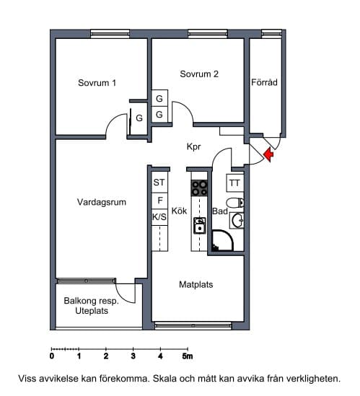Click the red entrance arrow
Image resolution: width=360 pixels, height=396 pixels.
click(x=268, y=154)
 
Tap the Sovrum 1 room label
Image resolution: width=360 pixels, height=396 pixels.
click(x=97, y=83)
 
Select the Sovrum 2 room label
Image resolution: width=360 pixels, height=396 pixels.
click(x=199, y=74)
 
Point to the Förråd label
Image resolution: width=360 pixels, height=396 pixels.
click(x=264, y=82)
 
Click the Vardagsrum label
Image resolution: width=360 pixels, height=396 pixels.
click(x=102, y=202)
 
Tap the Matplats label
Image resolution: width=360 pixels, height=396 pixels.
click(x=196, y=285)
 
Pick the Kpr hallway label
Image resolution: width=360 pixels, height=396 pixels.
click(x=194, y=146)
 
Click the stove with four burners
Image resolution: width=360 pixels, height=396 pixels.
click(x=199, y=188)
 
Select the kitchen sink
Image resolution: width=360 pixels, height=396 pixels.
click(x=200, y=226)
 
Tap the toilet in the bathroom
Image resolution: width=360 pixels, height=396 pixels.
click(x=235, y=203)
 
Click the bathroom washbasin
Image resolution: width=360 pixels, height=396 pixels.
click(x=237, y=220)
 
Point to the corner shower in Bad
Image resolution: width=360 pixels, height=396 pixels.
click(x=222, y=240)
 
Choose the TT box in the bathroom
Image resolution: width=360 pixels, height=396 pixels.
click(x=235, y=182)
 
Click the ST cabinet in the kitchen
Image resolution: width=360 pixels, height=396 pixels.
click(x=159, y=182)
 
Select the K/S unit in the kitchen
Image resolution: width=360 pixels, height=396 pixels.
click(x=159, y=216)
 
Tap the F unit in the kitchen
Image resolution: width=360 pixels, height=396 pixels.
click(x=159, y=201)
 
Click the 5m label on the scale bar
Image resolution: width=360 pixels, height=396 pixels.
click(x=188, y=356)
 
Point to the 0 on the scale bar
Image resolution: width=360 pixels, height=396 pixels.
click(x=52, y=356)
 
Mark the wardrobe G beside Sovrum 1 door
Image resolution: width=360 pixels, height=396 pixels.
click(x=139, y=118)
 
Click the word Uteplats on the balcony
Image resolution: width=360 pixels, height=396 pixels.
click(x=92, y=311)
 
